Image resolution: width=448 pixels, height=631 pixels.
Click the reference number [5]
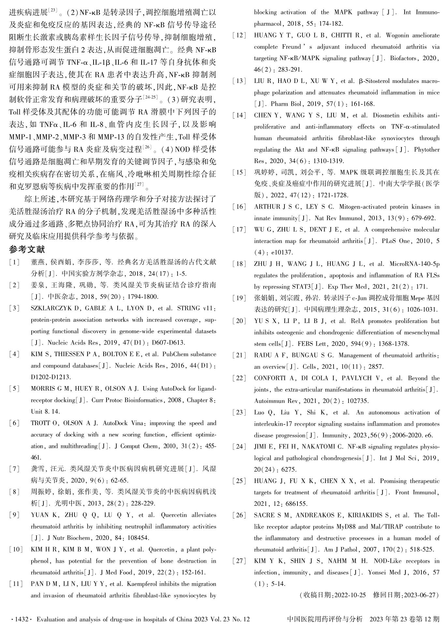[x=14, y=389]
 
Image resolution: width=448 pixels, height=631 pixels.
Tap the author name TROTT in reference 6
[x=40, y=423]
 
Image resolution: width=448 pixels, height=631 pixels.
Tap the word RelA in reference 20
[x=358, y=321]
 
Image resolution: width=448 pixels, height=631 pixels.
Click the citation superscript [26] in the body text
[x=148, y=148]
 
